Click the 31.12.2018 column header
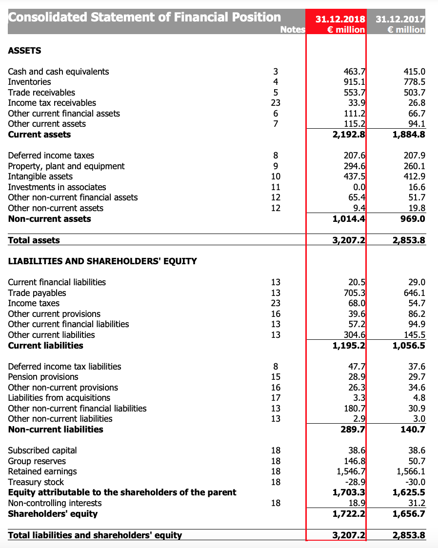[340, 20]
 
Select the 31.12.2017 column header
[400, 20]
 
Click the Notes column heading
[293, 30]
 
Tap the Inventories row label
[29, 82]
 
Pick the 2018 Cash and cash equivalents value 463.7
[355, 72]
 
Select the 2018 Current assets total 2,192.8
[349, 135]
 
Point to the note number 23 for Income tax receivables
[276, 103]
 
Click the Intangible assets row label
[40, 176]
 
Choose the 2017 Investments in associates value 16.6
[417, 187]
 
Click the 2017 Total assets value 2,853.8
[409, 240]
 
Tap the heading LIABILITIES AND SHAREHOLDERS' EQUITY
[102, 261]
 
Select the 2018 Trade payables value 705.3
[355, 293]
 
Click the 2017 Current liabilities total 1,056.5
[409, 346]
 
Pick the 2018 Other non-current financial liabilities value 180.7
[355, 409]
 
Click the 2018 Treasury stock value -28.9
[356, 482]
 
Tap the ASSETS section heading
[24, 51]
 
